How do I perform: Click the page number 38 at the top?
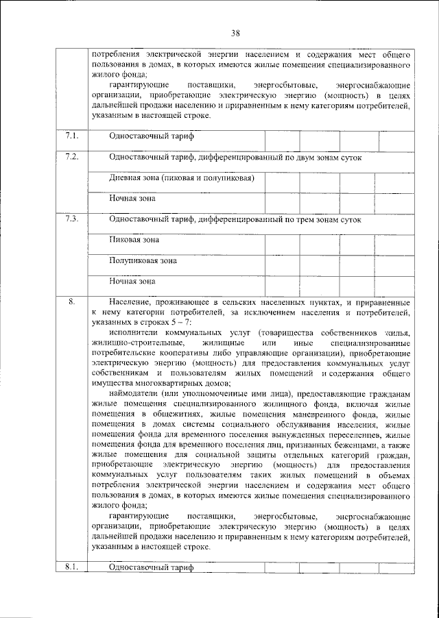[235, 33]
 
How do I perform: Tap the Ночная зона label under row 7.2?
[132, 199]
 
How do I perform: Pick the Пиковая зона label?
[134, 240]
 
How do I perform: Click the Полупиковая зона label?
[143, 260]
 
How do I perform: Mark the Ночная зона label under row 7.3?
[132, 281]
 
